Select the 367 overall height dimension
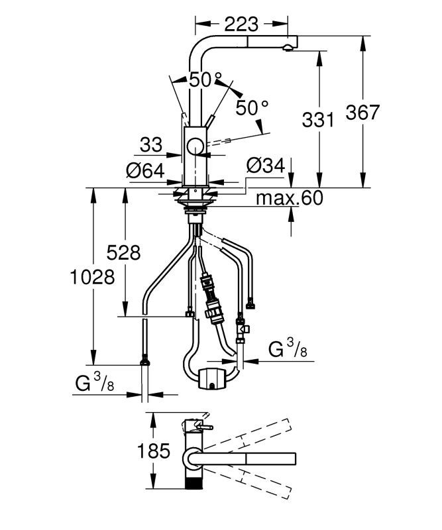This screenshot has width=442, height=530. [362, 112]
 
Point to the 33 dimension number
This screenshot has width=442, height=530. [151, 144]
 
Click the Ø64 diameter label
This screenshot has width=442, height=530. [145, 170]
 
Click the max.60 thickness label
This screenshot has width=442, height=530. [290, 197]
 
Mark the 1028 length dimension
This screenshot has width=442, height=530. [93, 276]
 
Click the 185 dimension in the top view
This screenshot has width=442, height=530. [154, 452]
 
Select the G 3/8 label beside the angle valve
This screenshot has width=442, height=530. [287, 349]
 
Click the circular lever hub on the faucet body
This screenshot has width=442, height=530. [195, 147]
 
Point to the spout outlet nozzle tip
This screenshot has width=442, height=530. [288, 46]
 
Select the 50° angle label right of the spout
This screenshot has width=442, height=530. [252, 106]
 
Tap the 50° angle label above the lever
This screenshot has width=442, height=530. [205, 80]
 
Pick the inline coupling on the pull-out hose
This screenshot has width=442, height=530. [213, 308]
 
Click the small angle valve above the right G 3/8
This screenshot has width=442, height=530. [243, 329]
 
